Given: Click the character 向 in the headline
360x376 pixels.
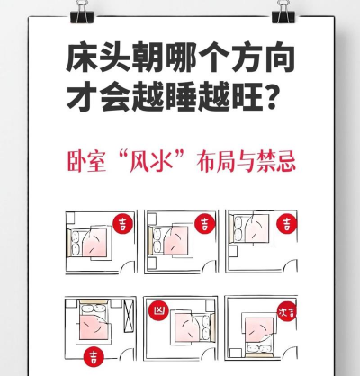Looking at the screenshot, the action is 279,58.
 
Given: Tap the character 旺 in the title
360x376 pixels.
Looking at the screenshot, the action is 247,96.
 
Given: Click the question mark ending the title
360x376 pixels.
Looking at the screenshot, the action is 270,96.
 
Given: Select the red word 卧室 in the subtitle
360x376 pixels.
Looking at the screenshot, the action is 86,162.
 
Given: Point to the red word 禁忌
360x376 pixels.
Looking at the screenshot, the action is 276,162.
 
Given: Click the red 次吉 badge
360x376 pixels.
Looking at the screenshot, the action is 287,311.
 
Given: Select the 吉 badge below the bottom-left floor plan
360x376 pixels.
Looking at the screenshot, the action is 94,356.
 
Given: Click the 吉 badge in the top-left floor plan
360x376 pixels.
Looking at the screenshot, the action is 123,224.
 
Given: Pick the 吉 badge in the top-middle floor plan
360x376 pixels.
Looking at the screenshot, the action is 205,224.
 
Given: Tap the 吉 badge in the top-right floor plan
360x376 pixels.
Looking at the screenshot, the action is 286,223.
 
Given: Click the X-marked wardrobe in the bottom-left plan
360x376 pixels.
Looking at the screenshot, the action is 129,316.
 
